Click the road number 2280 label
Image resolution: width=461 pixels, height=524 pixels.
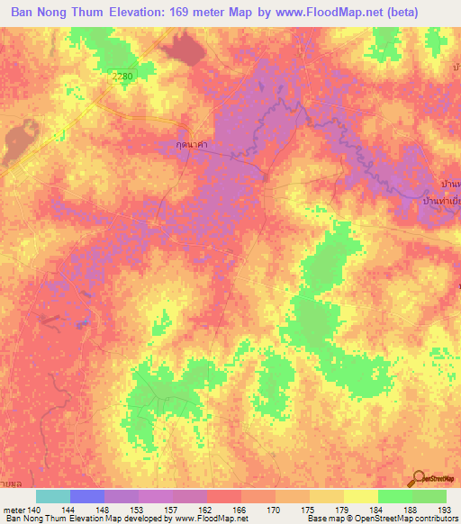122,77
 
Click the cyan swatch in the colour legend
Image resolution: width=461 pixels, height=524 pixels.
53,496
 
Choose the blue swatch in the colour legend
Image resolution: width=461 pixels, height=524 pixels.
87,496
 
